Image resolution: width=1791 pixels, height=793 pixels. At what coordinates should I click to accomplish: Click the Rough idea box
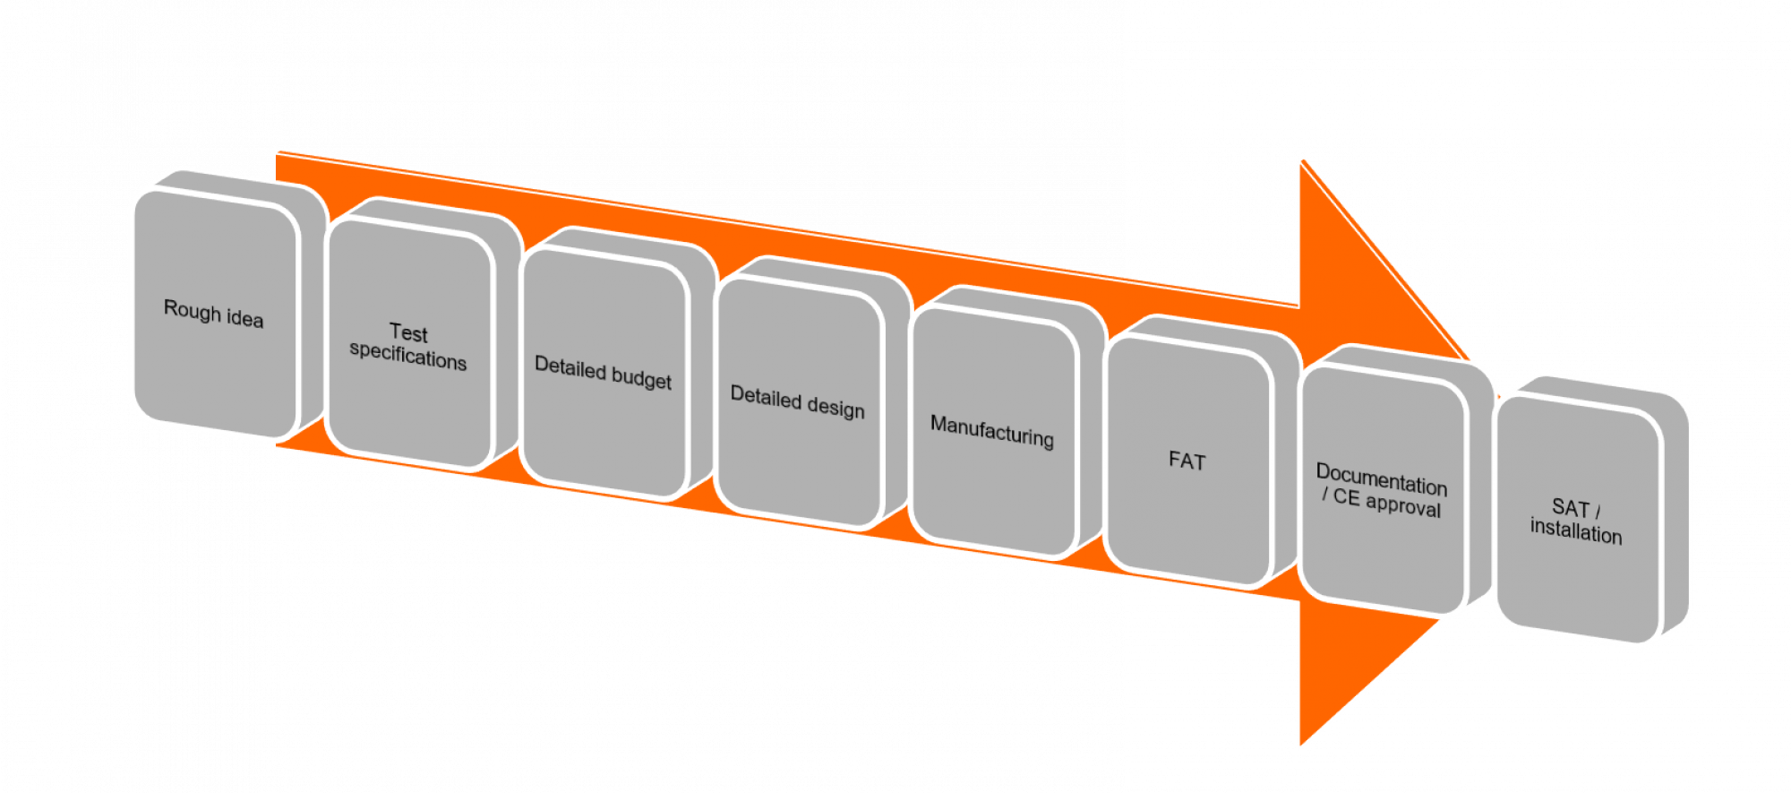[x=213, y=314]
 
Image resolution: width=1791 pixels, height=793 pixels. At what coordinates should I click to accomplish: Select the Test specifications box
[x=408, y=346]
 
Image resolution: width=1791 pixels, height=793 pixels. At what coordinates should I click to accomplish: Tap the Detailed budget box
[x=603, y=374]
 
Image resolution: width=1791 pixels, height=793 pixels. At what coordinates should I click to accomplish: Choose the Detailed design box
[x=798, y=402]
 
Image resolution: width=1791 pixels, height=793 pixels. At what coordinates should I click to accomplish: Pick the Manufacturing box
[x=992, y=431]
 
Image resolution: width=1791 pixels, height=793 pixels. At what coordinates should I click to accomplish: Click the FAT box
[x=1187, y=461]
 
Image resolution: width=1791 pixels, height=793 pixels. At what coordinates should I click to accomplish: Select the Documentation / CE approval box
[x=1382, y=490]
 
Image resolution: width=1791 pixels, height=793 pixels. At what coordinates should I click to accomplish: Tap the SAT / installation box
[x=1576, y=520]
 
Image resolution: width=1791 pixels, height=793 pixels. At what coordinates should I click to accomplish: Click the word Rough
[x=192, y=310]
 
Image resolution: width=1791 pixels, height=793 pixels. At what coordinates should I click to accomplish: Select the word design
[x=835, y=408]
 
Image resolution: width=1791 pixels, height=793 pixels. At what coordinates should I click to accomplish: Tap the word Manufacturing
[x=992, y=431]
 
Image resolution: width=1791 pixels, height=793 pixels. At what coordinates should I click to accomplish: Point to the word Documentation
[x=1382, y=479]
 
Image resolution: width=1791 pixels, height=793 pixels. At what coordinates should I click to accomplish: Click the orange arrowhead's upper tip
[x=1301, y=160]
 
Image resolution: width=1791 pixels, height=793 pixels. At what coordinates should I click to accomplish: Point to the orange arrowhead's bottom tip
[x=1300, y=746]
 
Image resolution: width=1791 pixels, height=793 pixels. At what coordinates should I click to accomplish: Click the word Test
[x=408, y=332]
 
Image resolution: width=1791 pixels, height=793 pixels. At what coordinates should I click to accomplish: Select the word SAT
[x=1570, y=507]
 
